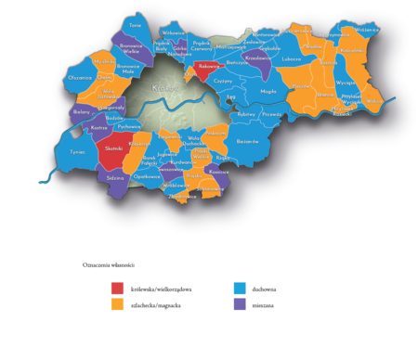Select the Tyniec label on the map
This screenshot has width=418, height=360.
[77, 151]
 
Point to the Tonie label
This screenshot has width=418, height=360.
[135, 25]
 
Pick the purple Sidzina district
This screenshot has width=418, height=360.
[116, 175]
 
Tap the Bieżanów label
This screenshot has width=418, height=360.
[247, 142]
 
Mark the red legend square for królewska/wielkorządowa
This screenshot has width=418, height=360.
[117, 289]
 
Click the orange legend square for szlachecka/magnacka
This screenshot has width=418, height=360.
[117, 304]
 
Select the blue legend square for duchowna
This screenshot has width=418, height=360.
[239, 289]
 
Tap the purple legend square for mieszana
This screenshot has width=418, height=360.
[239, 304]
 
